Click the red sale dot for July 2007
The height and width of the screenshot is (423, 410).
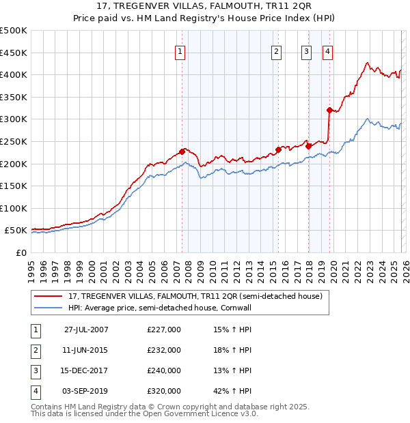click(x=182, y=151)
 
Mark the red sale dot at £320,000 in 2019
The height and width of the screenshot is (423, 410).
click(x=329, y=110)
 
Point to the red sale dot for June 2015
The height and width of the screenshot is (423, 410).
click(x=278, y=149)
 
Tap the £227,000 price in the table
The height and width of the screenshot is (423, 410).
click(x=164, y=330)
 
